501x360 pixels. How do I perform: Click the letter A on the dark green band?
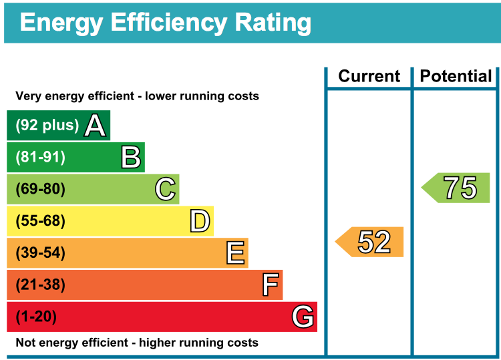(95, 125)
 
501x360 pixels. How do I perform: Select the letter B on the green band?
(130, 157)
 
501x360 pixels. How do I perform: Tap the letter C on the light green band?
(165, 189)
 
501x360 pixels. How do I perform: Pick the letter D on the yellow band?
(200, 221)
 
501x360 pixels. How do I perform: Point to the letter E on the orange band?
(235, 253)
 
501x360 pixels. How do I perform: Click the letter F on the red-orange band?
(270, 285)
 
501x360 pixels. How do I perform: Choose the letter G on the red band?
(303, 317)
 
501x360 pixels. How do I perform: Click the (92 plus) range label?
(47, 125)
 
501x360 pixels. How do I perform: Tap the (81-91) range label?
(40, 157)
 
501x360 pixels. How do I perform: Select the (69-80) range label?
(40, 189)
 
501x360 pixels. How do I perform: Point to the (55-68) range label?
(40, 221)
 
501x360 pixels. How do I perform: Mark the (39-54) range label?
(40, 253)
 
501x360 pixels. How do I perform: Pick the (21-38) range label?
(40, 285)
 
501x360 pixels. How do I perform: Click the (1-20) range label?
(36, 317)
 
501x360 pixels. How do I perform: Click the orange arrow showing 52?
(370, 242)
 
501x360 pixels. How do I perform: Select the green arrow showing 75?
(457, 188)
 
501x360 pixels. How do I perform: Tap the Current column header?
(369, 76)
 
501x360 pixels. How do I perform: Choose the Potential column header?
(456, 76)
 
